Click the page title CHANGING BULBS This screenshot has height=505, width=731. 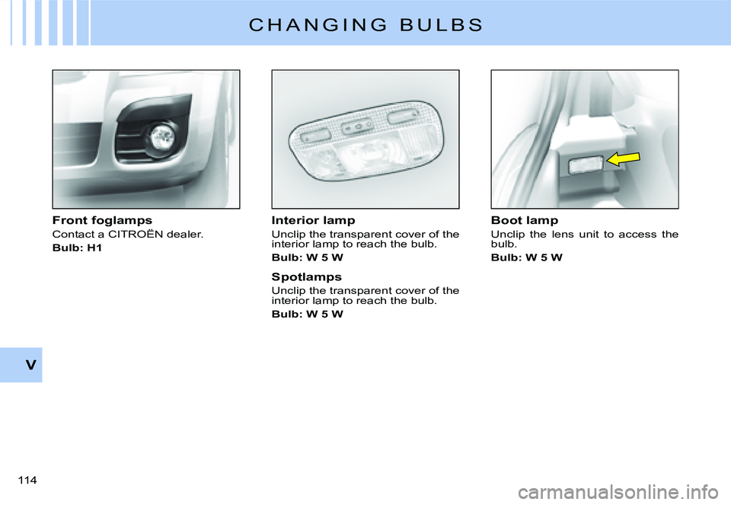(x=365, y=24)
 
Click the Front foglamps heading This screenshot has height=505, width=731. (x=102, y=220)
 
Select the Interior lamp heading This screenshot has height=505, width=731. (x=313, y=220)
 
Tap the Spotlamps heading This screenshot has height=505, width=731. (x=307, y=276)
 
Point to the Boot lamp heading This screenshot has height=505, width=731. (x=525, y=220)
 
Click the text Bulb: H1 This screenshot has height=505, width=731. (x=77, y=248)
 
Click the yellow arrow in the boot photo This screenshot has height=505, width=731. (x=623, y=160)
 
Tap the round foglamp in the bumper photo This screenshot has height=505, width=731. (x=161, y=137)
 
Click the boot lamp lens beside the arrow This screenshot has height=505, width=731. (x=586, y=164)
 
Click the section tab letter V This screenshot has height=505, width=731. (x=30, y=365)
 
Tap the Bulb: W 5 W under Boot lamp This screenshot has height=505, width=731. (x=527, y=257)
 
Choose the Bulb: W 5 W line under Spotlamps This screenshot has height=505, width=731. (x=308, y=314)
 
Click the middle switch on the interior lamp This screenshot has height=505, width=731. (x=355, y=127)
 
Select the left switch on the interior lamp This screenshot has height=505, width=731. (x=312, y=137)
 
